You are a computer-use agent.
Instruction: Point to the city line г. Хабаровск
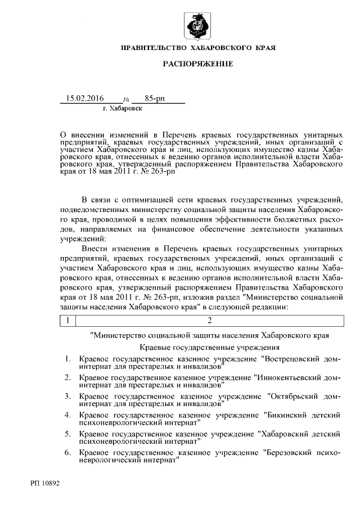pyautogui.click(x=123, y=109)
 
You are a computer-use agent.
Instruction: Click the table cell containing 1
pyautogui.click(x=67, y=321)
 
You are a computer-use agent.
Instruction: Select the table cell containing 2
pyautogui.click(x=209, y=321)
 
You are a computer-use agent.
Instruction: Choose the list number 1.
pyautogui.click(x=67, y=359)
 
